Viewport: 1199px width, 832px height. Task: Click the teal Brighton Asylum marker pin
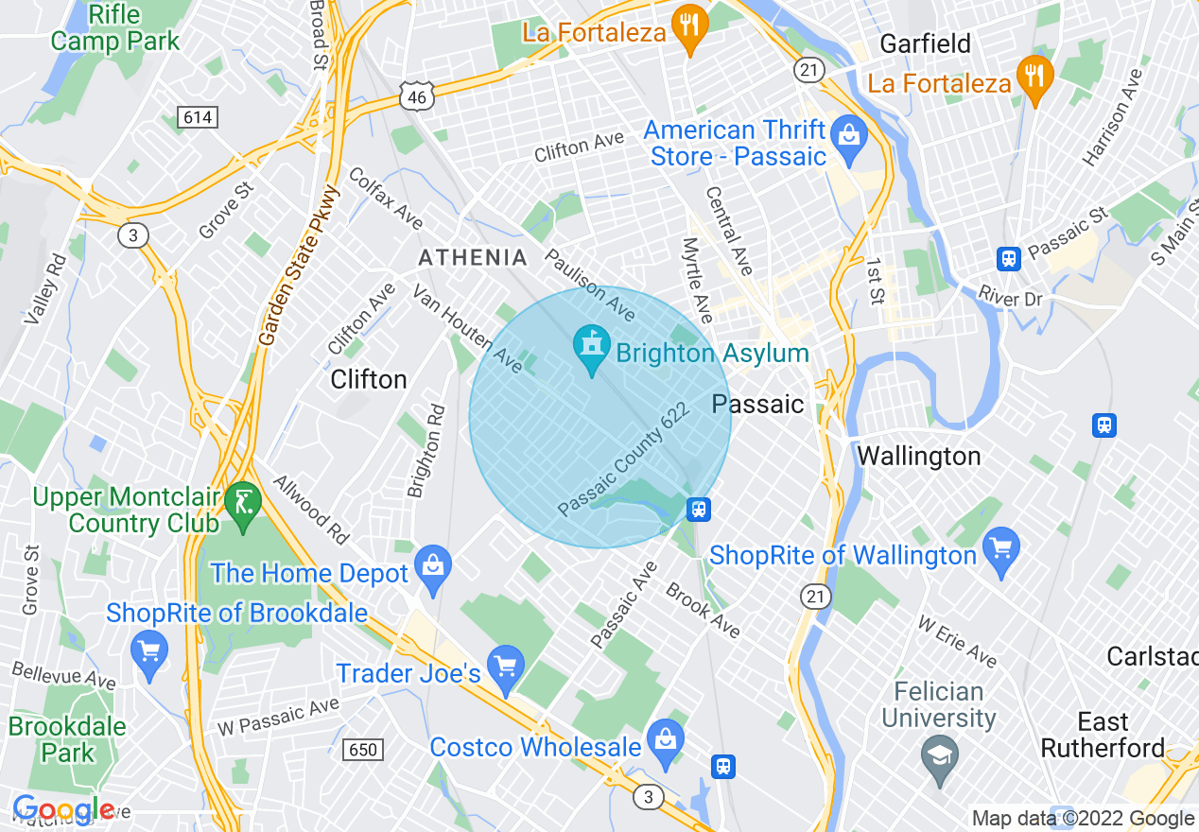pyautogui.click(x=592, y=350)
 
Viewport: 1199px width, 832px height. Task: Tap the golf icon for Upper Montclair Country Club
pyautogui.click(x=244, y=501)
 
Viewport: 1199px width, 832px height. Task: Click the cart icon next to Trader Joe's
pyautogui.click(x=506, y=670)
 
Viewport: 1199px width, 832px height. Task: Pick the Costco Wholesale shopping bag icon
pyautogui.click(x=666, y=743)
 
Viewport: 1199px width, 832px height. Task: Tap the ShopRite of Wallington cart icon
pyautogui.click(x=1001, y=552)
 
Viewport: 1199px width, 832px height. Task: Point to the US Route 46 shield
pyautogui.click(x=416, y=95)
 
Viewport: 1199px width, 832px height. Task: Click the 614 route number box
pyautogui.click(x=195, y=117)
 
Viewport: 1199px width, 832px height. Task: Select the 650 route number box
pyautogui.click(x=362, y=750)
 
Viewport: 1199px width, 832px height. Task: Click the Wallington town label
pyautogui.click(x=918, y=456)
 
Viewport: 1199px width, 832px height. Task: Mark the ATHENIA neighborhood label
pyautogui.click(x=473, y=257)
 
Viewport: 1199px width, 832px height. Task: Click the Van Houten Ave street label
pyautogui.click(x=466, y=327)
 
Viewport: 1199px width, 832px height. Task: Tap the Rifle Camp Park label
pyautogui.click(x=114, y=28)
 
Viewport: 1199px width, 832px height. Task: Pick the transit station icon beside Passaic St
pyautogui.click(x=1009, y=258)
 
